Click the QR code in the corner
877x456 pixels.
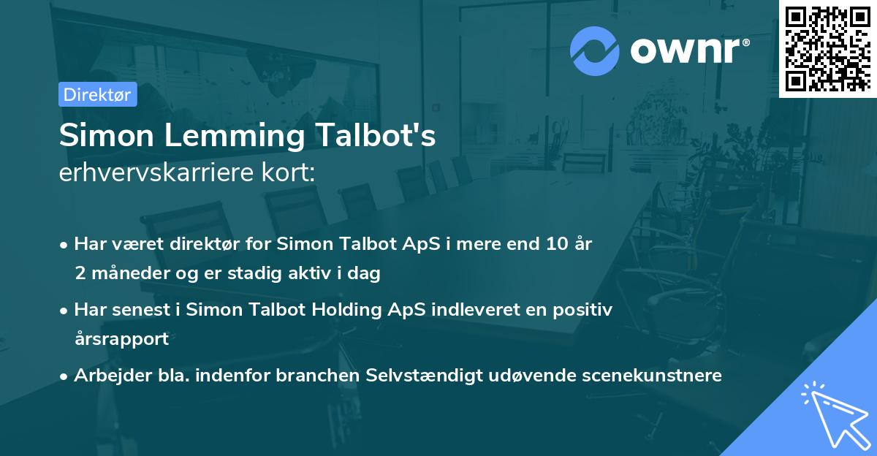(x=827, y=49)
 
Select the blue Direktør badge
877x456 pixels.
(x=98, y=94)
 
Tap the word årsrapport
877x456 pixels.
(x=121, y=339)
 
